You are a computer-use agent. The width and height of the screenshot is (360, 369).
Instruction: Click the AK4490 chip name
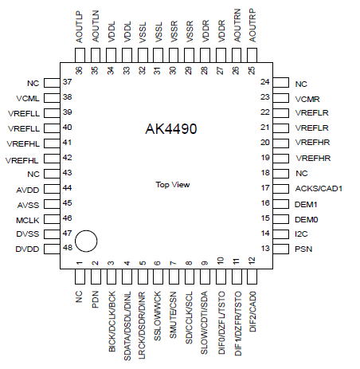coord(171,129)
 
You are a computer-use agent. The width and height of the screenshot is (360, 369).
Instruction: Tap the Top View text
coord(173,185)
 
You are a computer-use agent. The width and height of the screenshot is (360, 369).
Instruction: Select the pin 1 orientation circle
coord(86,241)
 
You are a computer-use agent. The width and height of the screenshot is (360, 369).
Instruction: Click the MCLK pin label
coord(28,220)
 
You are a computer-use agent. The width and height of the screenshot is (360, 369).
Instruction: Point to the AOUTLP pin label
coord(80,27)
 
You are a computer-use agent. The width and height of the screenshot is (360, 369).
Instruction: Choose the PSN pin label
coord(303,249)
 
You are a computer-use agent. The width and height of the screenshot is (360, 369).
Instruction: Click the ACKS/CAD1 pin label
coord(319,189)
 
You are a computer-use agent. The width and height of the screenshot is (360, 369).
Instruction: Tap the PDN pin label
coord(95,300)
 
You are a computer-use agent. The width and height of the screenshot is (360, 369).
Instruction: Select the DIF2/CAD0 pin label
coord(252,312)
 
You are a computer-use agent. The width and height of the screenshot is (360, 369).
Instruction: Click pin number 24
coord(265,82)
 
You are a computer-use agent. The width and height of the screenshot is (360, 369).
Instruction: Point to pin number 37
coord(68,82)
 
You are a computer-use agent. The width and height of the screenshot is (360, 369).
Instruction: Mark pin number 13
coord(265,249)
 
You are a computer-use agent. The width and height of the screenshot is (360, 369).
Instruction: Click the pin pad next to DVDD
coord(52,249)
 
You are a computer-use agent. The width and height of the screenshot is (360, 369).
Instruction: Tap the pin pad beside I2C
coord(281,234)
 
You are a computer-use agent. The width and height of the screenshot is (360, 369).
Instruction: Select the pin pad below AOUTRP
coord(252,56)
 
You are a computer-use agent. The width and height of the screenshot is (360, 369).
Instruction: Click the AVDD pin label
coord(28,190)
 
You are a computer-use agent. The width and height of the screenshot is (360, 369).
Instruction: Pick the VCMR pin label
coord(307,100)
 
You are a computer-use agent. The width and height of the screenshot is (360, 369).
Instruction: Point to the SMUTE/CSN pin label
coord(173,315)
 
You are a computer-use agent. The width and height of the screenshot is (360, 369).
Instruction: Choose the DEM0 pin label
coord(307,220)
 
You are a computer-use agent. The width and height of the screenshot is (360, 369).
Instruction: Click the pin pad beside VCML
coord(52,98)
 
